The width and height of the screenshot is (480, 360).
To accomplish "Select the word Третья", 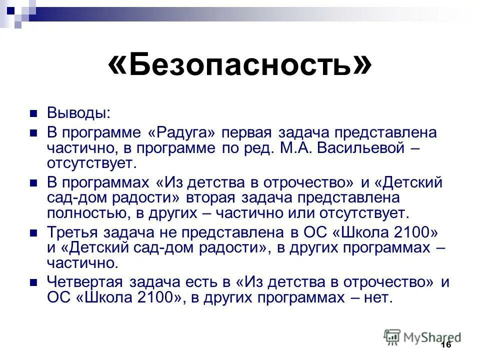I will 73,232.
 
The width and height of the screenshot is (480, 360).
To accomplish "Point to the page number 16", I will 446,345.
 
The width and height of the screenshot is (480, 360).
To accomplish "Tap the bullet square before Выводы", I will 34,113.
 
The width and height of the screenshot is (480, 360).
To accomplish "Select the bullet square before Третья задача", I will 34,233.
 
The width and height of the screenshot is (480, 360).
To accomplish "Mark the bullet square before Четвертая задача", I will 34,282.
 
